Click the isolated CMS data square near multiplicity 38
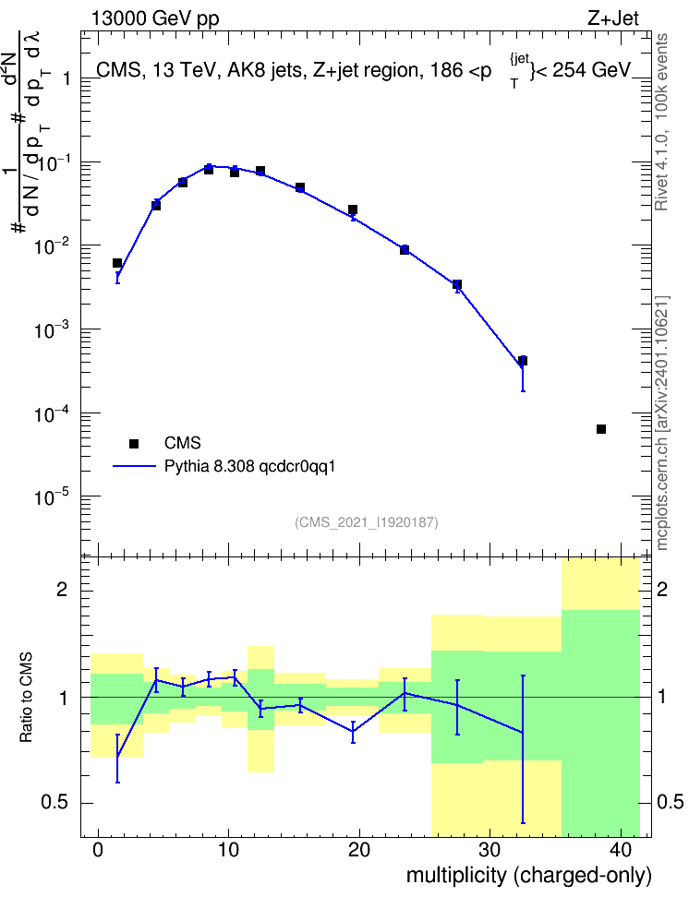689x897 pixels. coord(601,429)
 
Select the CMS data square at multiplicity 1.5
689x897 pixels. coord(117,263)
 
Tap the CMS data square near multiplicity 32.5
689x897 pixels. coord(523,361)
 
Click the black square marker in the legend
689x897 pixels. coord(134,443)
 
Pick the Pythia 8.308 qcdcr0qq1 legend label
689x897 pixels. coord(249,467)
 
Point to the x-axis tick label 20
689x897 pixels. coord(359,849)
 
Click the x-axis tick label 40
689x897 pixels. coord(621,849)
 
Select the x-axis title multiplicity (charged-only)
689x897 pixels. coord(529,876)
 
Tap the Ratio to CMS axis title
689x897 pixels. coord(26,697)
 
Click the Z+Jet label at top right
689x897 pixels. coord(613,18)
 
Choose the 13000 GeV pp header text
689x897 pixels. coord(154,19)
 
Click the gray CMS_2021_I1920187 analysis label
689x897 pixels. coord(367,522)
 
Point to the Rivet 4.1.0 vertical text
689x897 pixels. coord(661,121)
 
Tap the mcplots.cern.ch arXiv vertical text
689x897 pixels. coord(661,424)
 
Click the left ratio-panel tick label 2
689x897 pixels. coord(62,589)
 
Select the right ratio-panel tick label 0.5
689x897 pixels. coord(670,803)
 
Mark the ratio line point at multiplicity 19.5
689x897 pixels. coord(353,732)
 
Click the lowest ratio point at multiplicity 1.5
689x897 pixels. coord(117,758)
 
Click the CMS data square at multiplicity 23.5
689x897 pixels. coord(405,249)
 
